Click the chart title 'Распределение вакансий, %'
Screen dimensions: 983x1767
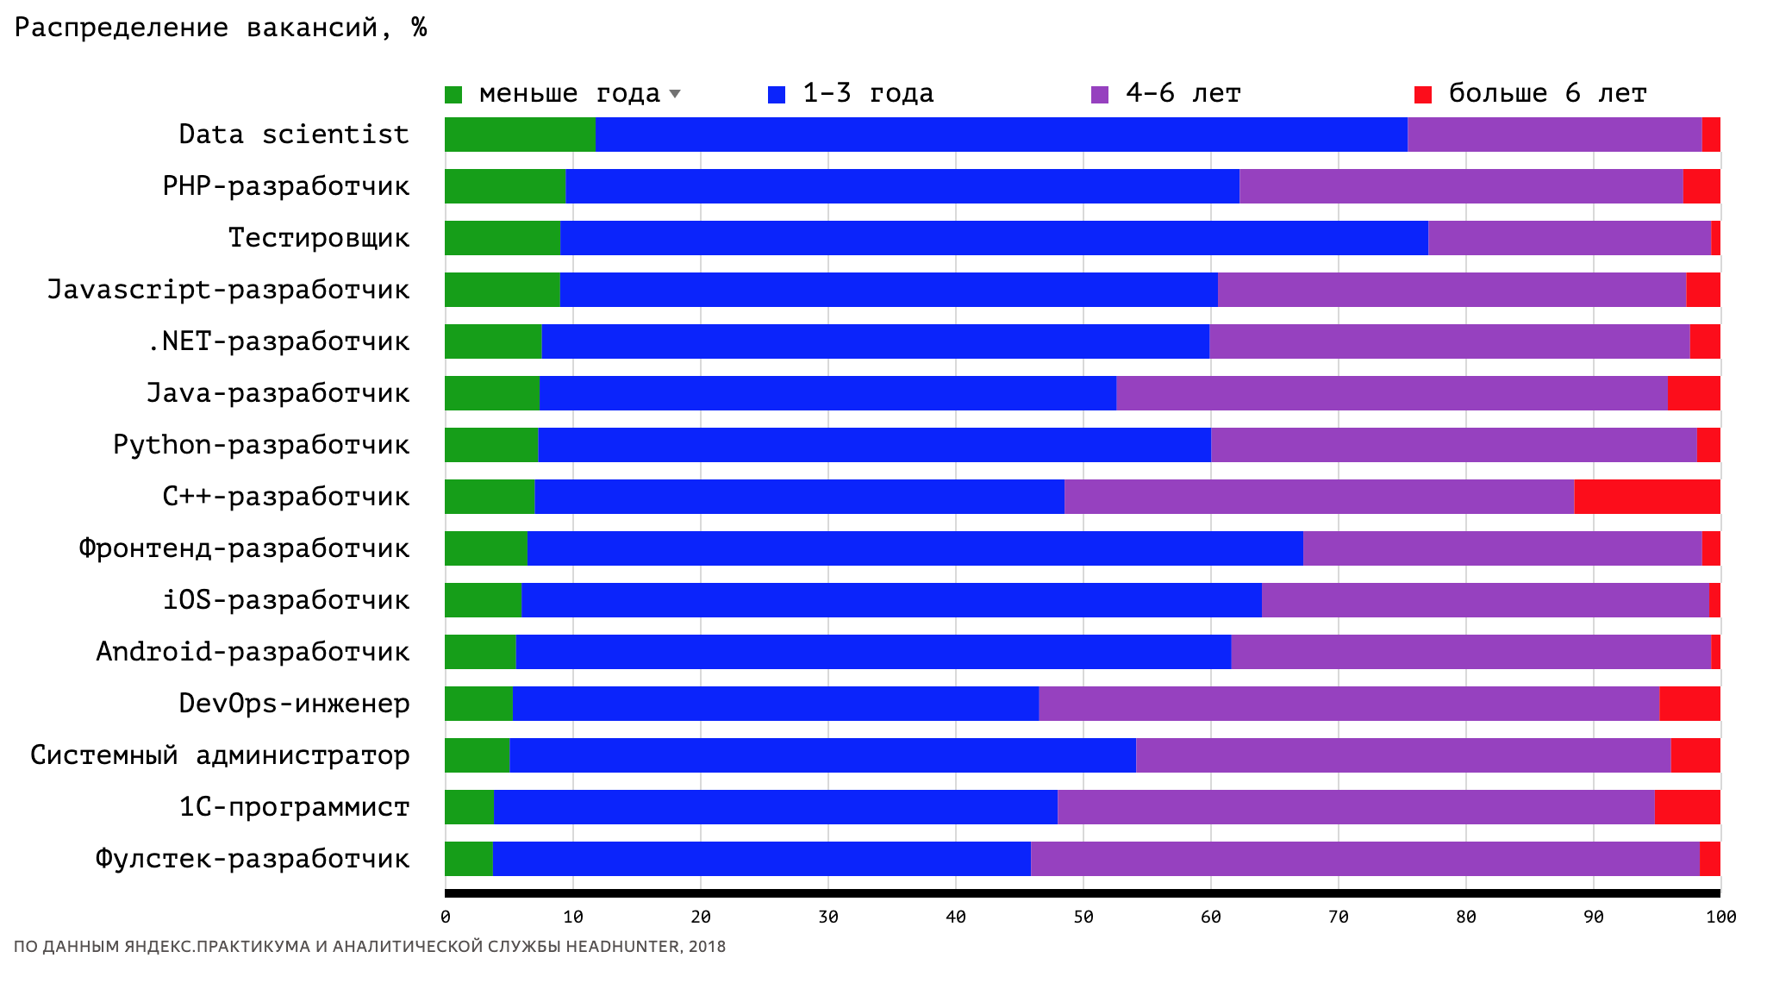click(x=221, y=28)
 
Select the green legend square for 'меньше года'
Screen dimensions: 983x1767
click(x=453, y=94)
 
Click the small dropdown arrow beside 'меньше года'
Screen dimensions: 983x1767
click(x=675, y=93)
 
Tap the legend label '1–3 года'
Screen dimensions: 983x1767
click(x=867, y=93)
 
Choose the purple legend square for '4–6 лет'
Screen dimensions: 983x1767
click(x=1100, y=94)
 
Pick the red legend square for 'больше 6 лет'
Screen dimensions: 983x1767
click(x=1423, y=94)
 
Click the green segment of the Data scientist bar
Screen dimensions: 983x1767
click(x=520, y=135)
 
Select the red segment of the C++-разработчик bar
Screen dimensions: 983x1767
click(x=1646, y=497)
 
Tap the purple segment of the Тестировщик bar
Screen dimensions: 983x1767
click(x=1569, y=238)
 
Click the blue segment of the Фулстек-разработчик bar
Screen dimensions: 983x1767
click(x=762, y=859)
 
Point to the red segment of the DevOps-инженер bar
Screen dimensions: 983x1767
click(x=1689, y=704)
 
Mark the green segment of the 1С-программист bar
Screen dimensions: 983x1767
click(x=469, y=807)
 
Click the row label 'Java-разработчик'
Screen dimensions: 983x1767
click(x=278, y=393)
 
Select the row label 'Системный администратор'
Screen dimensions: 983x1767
click(x=220, y=755)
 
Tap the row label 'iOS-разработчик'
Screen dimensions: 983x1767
click(x=286, y=600)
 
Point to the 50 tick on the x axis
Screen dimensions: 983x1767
click(x=1083, y=917)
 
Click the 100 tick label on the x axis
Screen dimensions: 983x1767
click(x=1720, y=917)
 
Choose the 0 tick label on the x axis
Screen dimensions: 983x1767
click(x=445, y=917)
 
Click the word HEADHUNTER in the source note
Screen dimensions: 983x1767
click(x=623, y=947)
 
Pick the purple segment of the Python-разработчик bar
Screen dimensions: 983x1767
click(x=1453, y=445)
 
